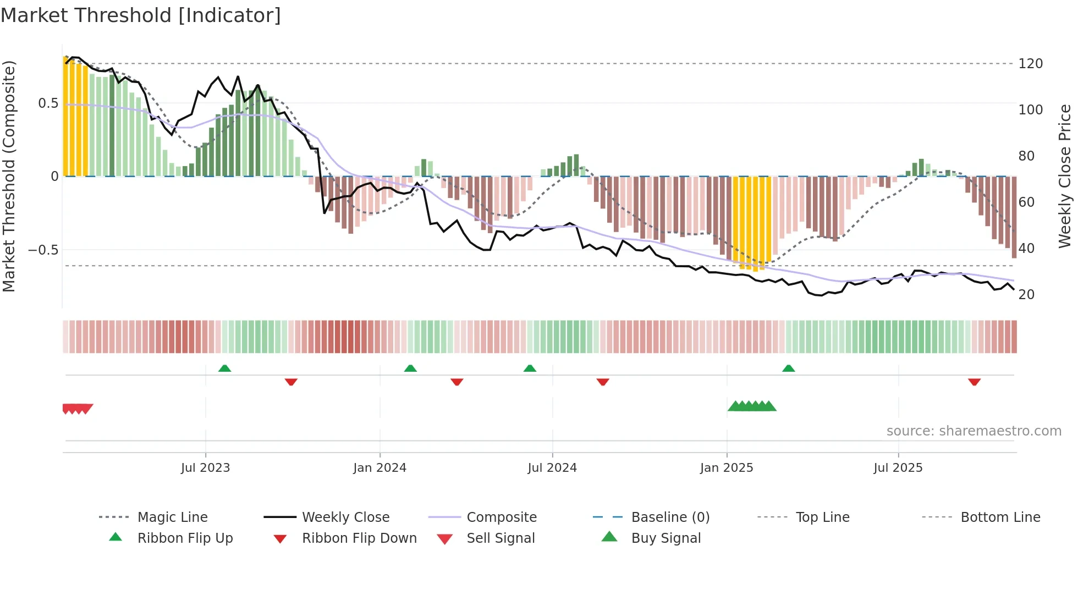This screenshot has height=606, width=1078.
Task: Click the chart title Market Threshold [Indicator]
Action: pos(141,15)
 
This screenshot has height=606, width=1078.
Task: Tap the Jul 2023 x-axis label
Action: pos(205,468)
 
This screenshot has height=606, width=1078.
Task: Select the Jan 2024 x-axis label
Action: pos(380,468)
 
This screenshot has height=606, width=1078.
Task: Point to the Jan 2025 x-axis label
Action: pos(727,468)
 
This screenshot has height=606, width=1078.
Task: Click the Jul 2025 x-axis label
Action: pos(898,468)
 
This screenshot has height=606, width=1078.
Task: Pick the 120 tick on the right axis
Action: pos(1030,64)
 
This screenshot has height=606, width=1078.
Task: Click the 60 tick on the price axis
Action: pos(1026,202)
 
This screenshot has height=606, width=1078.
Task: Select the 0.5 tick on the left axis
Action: pos(48,103)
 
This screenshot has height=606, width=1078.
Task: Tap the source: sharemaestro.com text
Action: pos(974,431)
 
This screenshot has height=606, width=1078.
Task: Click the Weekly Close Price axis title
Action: pos(1065,176)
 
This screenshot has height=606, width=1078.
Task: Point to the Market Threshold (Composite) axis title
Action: pos(9,176)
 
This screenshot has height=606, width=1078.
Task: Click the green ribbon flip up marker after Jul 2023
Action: pos(224,368)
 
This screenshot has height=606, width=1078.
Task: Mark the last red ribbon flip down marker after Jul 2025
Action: pos(974,382)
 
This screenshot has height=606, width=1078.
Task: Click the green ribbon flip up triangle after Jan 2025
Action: pos(788,368)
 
